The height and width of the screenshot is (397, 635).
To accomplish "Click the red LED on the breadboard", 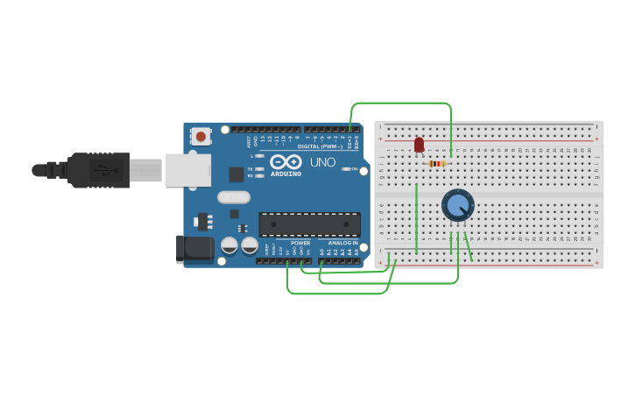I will pyautogui.click(x=419, y=145).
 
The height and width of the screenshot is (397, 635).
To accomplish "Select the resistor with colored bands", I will pyautogui.click(x=437, y=163).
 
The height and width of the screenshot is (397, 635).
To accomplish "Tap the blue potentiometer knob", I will pyautogui.click(x=457, y=205).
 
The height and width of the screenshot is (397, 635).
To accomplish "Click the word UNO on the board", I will pyautogui.click(x=322, y=162).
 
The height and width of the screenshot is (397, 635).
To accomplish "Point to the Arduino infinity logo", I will pyautogui.click(x=286, y=162).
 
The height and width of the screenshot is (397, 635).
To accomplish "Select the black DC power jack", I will pyautogui.click(x=194, y=248).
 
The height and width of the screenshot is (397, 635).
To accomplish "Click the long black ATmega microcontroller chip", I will pyautogui.click(x=309, y=224).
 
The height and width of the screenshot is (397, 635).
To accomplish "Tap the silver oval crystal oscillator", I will pyautogui.click(x=234, y=197).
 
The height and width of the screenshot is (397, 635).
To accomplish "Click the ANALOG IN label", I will pyautogui.click(x=343, y=243).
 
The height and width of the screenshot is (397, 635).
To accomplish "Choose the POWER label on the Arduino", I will pyautogui.click(x=300, y=243).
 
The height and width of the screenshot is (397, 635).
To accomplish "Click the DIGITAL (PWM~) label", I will pyautogui.click(x=320, y=146).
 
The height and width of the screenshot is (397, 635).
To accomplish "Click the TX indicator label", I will pyautogui.click(x=250, y=168).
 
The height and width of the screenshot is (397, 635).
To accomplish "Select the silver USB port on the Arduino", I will pyautogui.click(x=187, y=170).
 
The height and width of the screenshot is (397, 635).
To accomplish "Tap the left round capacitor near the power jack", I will pyautogui.click(x=229, y=245).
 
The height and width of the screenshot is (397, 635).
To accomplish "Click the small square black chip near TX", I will pyautogui.click(x=236, y=174).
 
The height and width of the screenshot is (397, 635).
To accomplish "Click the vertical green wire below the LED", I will pyautogui.click(x=416, y=219).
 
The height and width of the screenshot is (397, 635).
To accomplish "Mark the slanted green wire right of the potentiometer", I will pyautogui.click(x=468, y=246).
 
